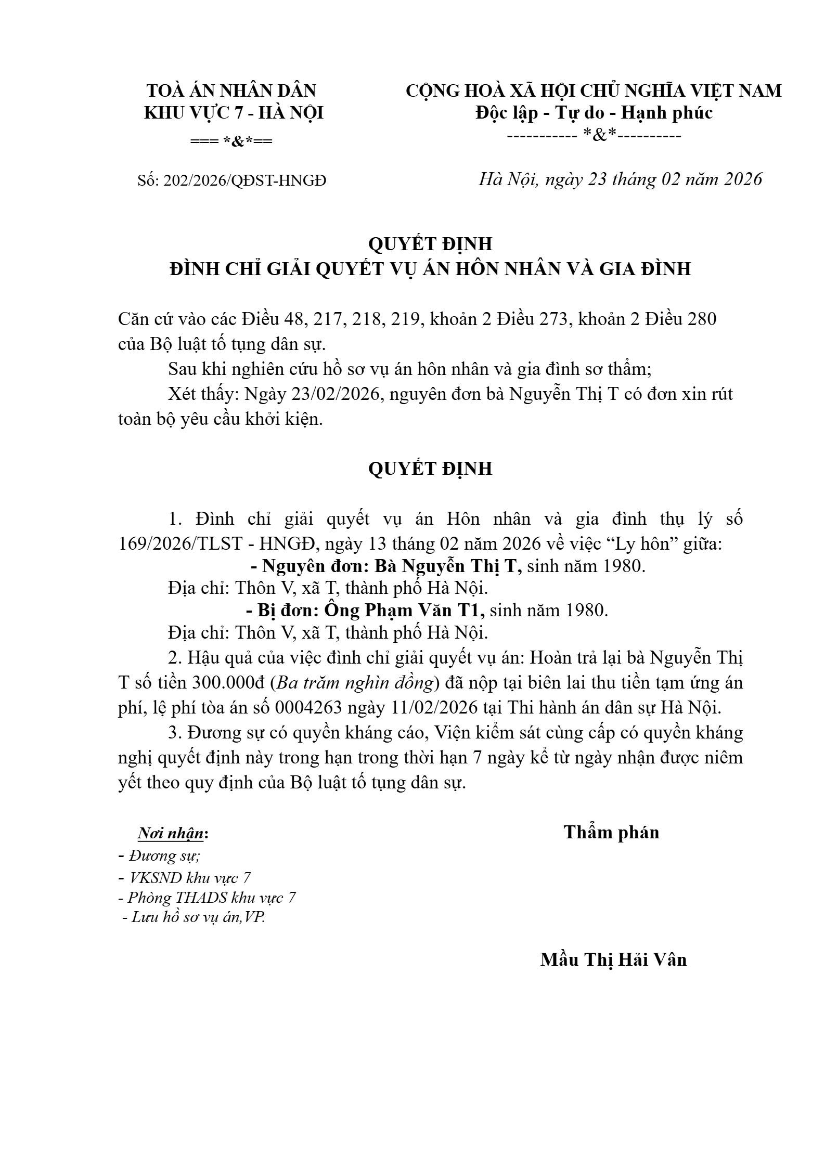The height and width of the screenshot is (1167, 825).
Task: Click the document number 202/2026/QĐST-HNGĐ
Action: point(244,180)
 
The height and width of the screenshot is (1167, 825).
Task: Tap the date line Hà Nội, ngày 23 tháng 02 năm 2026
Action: point(620,179)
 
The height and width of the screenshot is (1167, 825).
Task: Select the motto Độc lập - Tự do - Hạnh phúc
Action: point(594,113)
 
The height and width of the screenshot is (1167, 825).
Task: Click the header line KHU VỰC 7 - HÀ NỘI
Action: point(234,113)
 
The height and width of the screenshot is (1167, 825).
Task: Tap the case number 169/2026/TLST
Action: point(181,544)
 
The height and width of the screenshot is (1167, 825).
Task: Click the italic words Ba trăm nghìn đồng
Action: point(355,682)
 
